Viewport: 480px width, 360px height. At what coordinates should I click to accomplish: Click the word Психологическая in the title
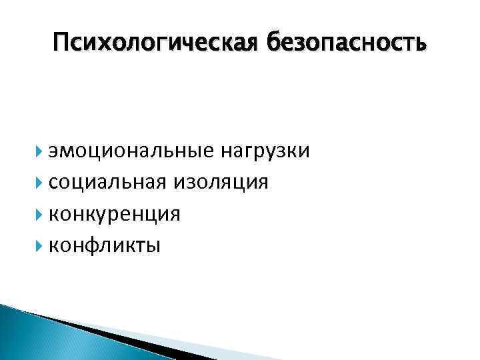coord(157,44)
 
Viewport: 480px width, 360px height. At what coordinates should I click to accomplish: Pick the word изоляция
coord(222,182)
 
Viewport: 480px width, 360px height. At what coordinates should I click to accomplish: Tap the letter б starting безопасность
coord(273,43)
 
